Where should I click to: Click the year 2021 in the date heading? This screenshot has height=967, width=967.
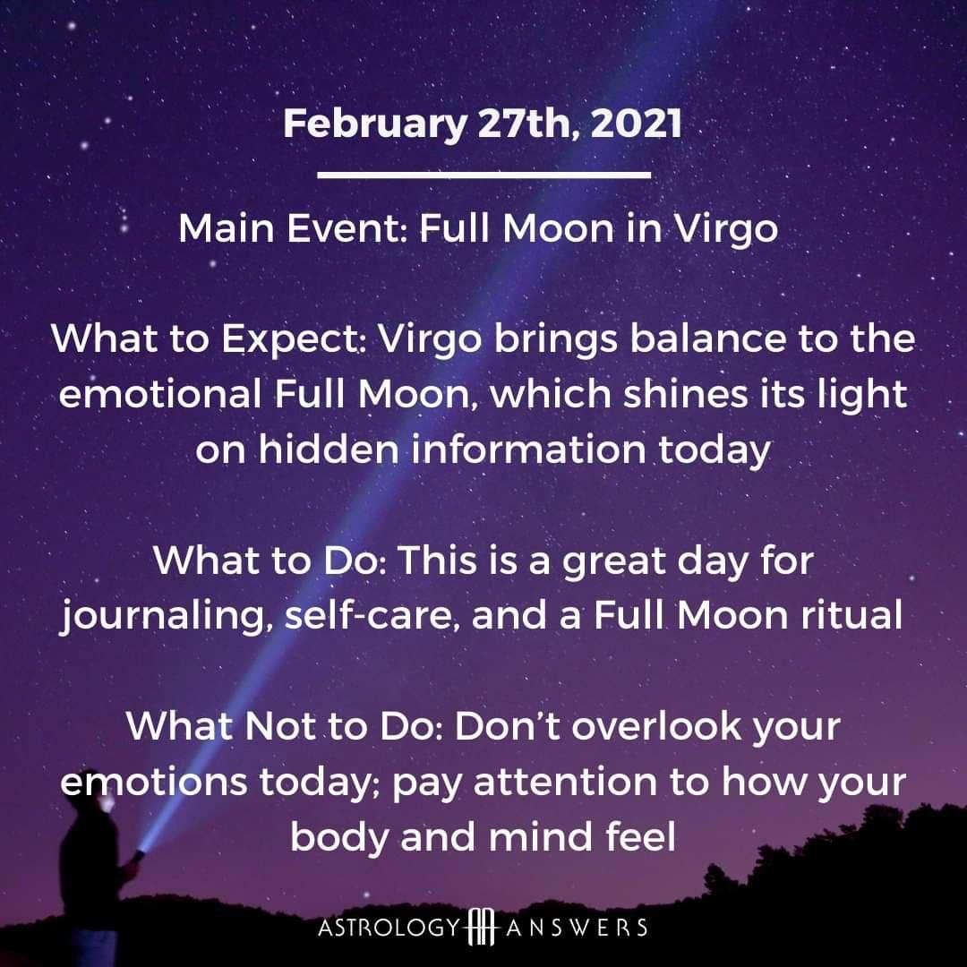point(636,123)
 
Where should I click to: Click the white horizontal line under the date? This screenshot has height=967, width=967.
point(484,175)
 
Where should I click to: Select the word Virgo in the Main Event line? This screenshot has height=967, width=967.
point(725,230)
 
